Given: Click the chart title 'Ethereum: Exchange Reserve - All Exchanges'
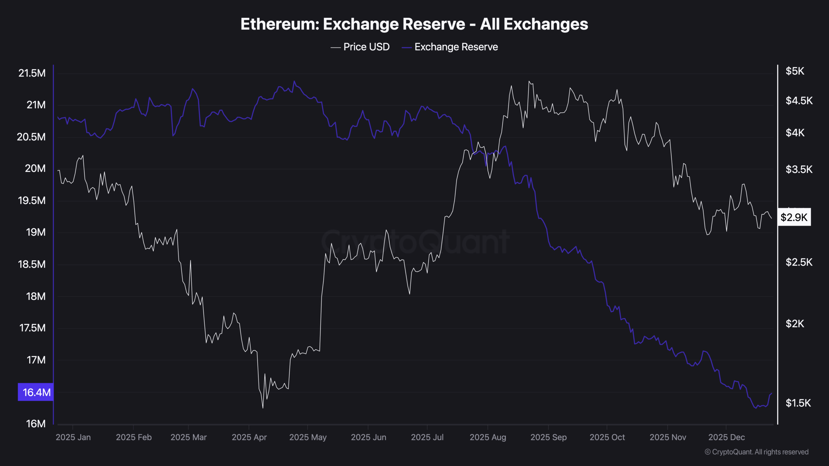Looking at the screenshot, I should (x=414, y=24).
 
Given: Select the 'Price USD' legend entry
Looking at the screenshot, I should (x=366, y=47).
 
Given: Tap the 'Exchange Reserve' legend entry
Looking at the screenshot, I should (x=456, y=47).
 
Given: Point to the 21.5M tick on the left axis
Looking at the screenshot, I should (x=32, y=73).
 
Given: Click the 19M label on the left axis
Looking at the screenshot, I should (x=36, y=232).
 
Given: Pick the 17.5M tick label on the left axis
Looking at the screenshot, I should (x=32, y=328).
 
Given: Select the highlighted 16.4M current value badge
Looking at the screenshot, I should (x=36, y=392).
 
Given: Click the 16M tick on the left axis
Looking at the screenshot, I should (x=36, y=424).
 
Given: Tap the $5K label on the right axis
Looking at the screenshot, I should (x=795, y=71).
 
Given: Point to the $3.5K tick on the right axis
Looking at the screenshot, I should (x=799, y=169).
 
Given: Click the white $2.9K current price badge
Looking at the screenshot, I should (x=794, y=217).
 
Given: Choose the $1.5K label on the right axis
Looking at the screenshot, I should (x=798, y=403).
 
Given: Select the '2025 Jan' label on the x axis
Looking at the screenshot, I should (x=73, y=437).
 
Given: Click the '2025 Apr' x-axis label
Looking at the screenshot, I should (x=249, y=437).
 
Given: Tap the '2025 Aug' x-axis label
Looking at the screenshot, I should (x=488, y=437).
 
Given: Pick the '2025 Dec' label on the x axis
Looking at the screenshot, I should (x=726, y=437).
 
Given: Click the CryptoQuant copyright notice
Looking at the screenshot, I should (x=756, y=452).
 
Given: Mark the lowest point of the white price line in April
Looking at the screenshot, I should (x=263, y=408).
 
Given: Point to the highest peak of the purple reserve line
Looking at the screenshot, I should (x=294, y=81).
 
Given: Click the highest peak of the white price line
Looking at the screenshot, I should (x=529, y=81).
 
